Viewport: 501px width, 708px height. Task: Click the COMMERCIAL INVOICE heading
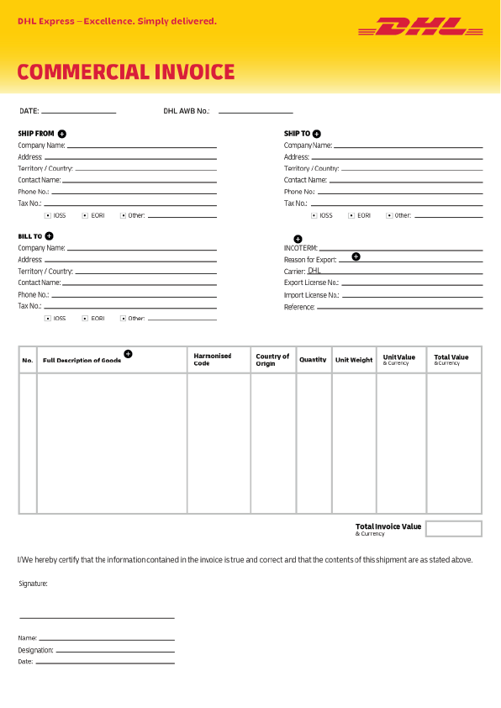(x=126, y=72)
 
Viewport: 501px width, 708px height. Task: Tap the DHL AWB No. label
(x=187, y=111)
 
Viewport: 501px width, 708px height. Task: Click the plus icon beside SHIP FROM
(x=62, y=134)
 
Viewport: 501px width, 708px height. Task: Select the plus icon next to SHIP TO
(x=317, y=134)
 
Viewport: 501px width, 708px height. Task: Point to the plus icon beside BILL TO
(x=50, y=236)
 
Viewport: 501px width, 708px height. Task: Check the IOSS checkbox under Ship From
(x=48, y=215)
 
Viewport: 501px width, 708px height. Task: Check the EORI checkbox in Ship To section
(x=352, y=215)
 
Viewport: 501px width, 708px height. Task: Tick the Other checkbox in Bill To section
(x=124, y=319)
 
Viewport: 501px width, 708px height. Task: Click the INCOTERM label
(x=301, y=248)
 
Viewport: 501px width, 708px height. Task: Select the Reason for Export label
(x=310, y=260)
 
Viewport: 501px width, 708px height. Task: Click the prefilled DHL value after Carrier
(x=314, y=271)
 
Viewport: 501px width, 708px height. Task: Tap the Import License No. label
(x=311, y=295)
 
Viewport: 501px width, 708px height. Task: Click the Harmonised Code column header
(x=213, y=360)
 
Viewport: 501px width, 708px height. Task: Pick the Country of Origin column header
(x=272, y=360)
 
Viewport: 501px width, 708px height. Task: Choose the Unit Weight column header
(x=354, y=360)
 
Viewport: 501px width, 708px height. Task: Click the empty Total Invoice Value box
(x=453, y=529)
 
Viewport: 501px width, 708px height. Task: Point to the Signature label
(x=33, y=583)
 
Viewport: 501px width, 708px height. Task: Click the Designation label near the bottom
(x=35, y=650)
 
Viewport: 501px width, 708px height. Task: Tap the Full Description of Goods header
(x=82, y=361)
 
